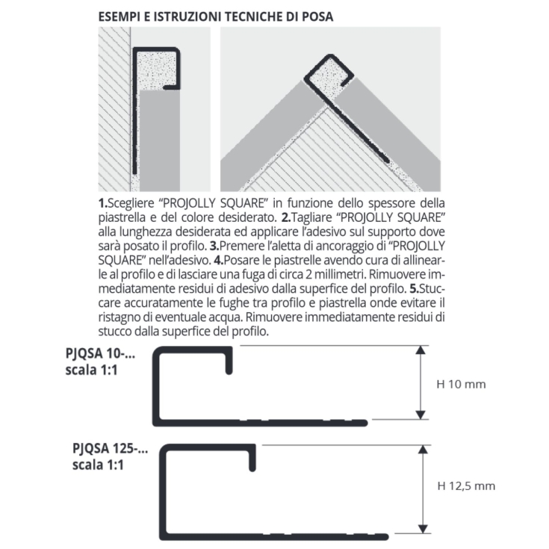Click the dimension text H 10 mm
461,384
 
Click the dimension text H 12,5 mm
465,486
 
